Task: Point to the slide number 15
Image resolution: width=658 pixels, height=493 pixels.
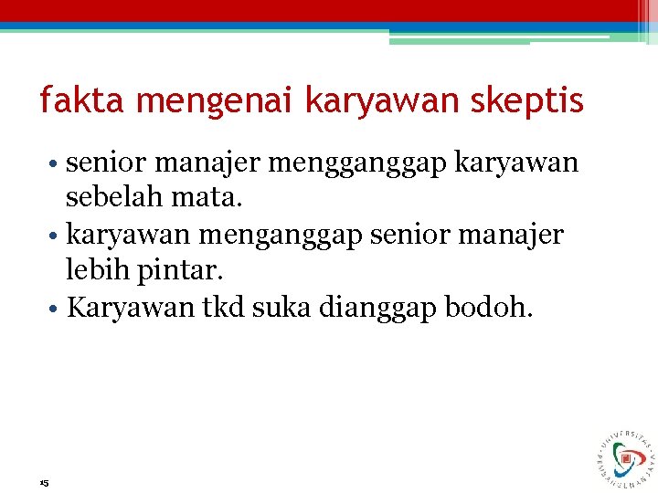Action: coord(44,482)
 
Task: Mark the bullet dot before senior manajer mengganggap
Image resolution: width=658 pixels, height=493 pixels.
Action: coord(56,164)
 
